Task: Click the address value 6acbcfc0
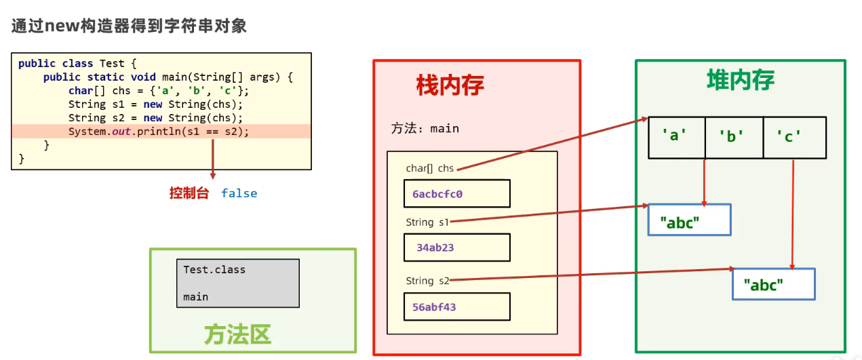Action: tap(437, 194)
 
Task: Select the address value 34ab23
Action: tap(435, 247)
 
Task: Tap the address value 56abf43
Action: tap(434, 307)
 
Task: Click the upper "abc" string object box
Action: tap(689, 220)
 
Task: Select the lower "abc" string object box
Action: tap(773, 284)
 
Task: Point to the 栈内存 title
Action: tap(450, 86)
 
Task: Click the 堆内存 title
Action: tap(741, 81)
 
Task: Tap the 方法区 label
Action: tap(238, 334)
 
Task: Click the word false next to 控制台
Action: tap(239, 193)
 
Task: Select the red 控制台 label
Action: tap(189, 193)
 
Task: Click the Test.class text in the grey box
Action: tap(214, 270)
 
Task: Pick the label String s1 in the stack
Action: tap(427, 222)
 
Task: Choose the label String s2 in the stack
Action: tap(427, 281)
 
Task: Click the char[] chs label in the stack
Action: tap(429, 168)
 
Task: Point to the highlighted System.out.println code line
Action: tap(159, 132)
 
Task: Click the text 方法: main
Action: tap(425, 128)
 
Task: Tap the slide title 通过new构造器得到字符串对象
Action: tap(129, 26)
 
